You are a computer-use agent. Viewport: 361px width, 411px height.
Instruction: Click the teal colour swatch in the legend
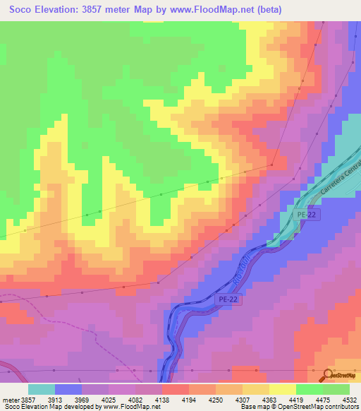click(42, 389)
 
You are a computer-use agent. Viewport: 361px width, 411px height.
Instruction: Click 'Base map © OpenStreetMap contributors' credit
click(297, 407)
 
